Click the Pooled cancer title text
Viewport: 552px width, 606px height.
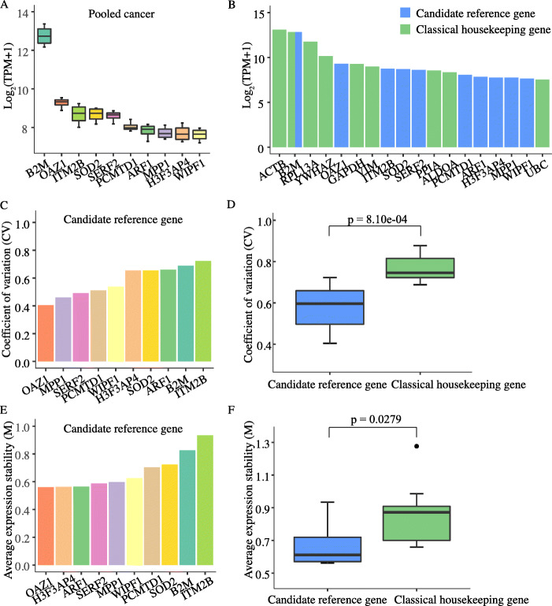pos(118,15)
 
